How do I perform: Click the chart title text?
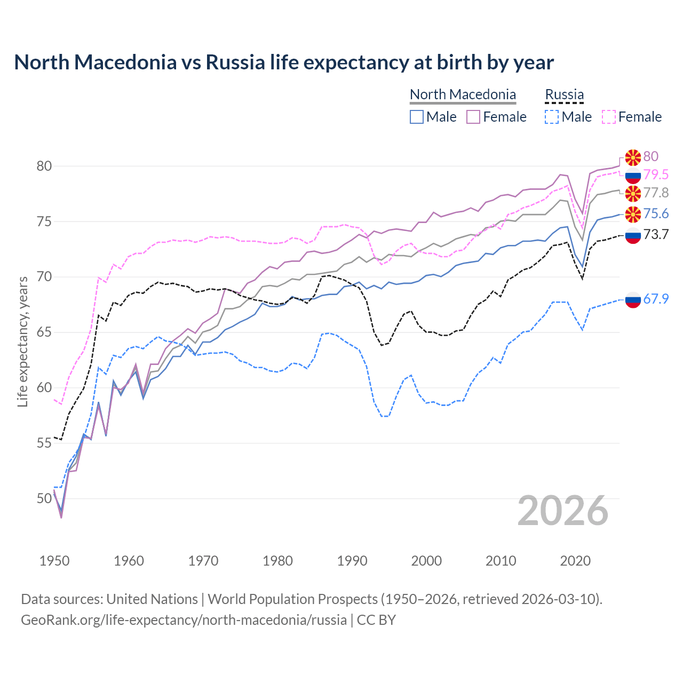point(284,62)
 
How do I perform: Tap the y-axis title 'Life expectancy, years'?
point(23,341)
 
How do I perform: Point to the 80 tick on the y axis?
point(44,166)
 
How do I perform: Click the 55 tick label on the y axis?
point(44,443)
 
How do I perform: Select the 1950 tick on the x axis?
point(54,561)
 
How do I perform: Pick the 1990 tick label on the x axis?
point(352,561)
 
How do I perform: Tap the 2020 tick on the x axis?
point(575,561)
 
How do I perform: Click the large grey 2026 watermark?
point(563,511)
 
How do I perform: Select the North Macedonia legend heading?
point(463,94)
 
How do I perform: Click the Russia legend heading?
point(564,94)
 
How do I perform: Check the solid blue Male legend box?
point(417,117)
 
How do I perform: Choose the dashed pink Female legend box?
point(609,117)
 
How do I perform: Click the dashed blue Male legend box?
point(552,117)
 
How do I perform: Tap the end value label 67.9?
point(656,299)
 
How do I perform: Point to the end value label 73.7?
point(656,234)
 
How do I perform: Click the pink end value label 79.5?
point(656,174)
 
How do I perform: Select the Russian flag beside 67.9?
point(633,299)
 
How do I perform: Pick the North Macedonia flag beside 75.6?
point(633,214)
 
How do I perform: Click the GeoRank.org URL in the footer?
point(184,620)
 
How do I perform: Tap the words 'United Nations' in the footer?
point(152,599)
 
